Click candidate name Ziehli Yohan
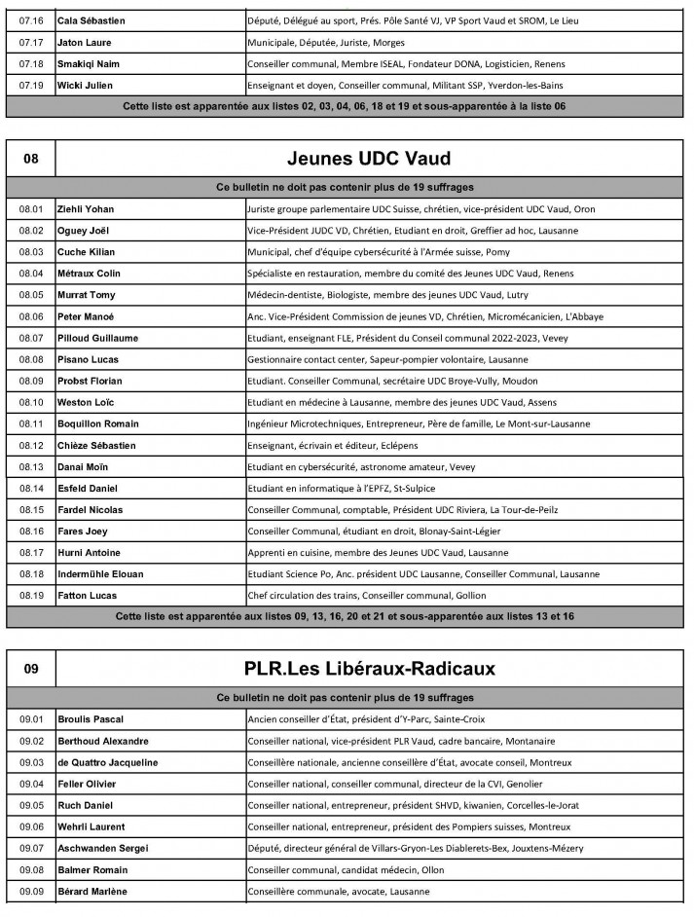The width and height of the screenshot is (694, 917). (x=84, y=209)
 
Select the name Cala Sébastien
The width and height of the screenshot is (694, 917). (x=91, y=20)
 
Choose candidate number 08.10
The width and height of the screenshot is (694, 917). (x=32, y=402)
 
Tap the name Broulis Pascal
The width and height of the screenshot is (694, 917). (x=90, y=719)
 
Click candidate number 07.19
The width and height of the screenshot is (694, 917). (x=32, y=85)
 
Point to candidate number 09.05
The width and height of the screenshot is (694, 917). (x=32, y=805)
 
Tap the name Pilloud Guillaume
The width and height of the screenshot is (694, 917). (x=97, y=338)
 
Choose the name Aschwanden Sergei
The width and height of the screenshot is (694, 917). (x=101, y=848)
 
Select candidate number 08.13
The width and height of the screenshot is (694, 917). (x=32, y=467)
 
